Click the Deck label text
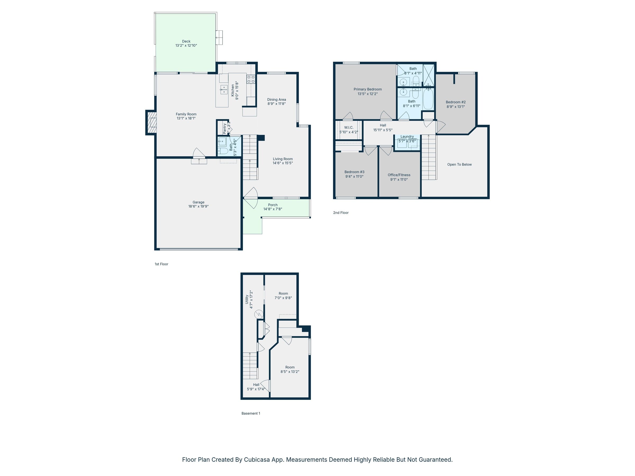pos(186,41)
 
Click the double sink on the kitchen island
pos(224,89)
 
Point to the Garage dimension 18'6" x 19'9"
pos(198,206)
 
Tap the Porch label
pos(273,205)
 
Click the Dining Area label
pos(276,99)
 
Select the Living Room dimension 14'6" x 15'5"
pos(283,163)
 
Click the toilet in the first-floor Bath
pos(223,151)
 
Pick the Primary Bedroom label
pos(368,89)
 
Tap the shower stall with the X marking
pos(429,75)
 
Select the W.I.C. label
pos(348,127)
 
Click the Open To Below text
pos(459,164)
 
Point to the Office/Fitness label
pos(399,175)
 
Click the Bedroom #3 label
pos(354,172)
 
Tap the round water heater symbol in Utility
pos(259,314)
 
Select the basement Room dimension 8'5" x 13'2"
pos(290,372)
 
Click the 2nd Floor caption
pos(341,213)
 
